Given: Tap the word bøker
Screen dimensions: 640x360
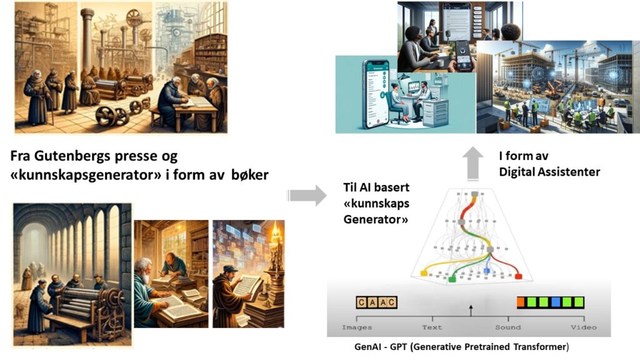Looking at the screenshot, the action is pos(250,175).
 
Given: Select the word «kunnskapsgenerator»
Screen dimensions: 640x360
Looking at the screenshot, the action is pos(86,176).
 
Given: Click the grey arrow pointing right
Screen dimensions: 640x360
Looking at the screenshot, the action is pos(307,196).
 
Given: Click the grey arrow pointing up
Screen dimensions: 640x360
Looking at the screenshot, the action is pos(472,163).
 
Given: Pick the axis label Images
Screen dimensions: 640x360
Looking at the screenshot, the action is pos(357,327).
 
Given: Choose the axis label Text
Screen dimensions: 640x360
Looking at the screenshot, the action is pos(432,327).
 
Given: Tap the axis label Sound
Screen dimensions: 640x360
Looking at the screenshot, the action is pos(507,327).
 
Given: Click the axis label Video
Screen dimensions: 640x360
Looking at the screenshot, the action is pos(584,327).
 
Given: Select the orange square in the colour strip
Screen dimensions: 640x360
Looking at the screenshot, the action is pos(521,302).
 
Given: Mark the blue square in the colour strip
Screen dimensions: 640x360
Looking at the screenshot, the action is pos(556,302).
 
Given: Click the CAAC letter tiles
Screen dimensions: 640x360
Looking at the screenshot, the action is pos(376,302).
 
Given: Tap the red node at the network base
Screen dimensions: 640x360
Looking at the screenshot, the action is pos(518,277).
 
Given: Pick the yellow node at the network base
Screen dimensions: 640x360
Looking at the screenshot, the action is pos(424,273).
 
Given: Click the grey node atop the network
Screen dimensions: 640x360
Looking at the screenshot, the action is pos(474,194).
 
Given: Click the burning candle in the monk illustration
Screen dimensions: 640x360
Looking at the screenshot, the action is pos(276,236).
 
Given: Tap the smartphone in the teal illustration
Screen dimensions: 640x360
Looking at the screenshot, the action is pos(376,94).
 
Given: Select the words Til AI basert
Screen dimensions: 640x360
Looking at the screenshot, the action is pos(376,187).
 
